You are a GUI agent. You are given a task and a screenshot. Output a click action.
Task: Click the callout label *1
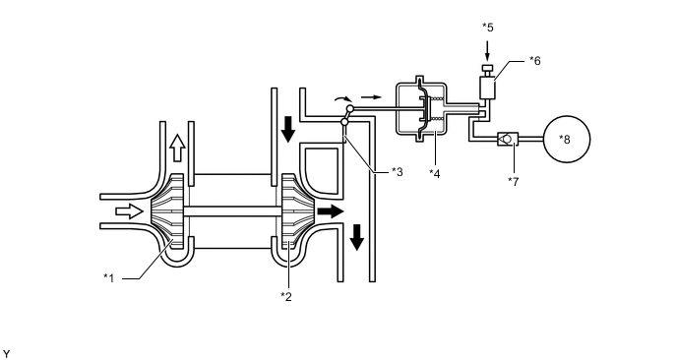[x=109, y=278]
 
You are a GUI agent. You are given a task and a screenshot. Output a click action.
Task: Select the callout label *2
[x=285, y=296]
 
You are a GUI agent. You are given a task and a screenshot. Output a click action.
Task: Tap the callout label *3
[x=397, y=172]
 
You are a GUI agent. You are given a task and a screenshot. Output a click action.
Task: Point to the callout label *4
[x=434, y=173]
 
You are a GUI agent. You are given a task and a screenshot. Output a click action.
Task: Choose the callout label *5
[x=487, y=28]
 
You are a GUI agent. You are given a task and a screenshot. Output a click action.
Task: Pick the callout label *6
[x=535, y=61]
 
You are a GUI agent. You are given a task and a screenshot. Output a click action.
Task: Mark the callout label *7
[x=514, y=182]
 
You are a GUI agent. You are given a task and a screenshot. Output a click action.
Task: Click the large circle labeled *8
[x=567, y=139]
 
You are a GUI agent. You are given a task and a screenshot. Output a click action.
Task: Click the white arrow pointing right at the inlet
[x=129, y=211]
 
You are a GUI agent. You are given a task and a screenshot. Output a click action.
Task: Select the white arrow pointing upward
[x=177, y=148]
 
